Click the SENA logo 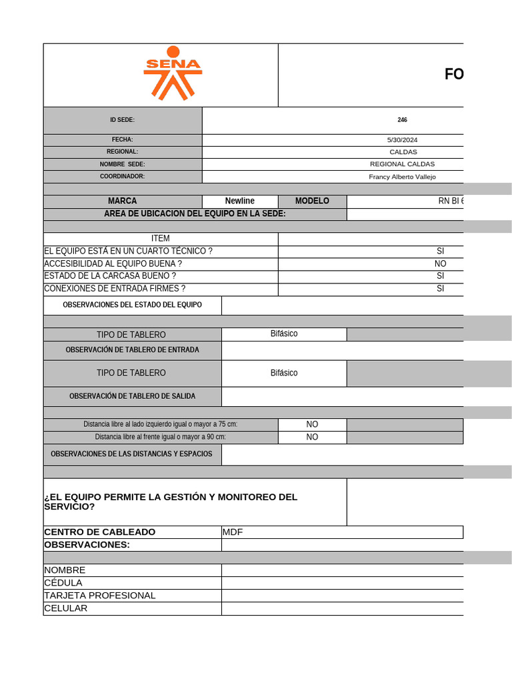(173, 73)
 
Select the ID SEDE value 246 (402, 120)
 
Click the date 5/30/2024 (402, 140)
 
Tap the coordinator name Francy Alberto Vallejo (402, 177)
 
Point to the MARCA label (123, 201)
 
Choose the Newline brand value (240, 201)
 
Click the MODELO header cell (312, 201)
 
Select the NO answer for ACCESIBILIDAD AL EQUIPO (440, 263)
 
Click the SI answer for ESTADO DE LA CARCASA (440, 276)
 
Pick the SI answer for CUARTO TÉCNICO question (440, 251)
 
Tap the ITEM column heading (161, 239)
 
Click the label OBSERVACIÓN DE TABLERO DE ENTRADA (132, 350)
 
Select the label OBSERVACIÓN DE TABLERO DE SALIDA (132, 396)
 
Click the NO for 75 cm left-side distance (312, 424)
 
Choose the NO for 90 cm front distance (312, 437)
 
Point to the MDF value (233, 532)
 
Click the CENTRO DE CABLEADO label (99, 532)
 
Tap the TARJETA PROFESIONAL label (99, 596)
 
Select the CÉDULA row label (63, 583)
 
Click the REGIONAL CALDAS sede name (402, 164)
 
